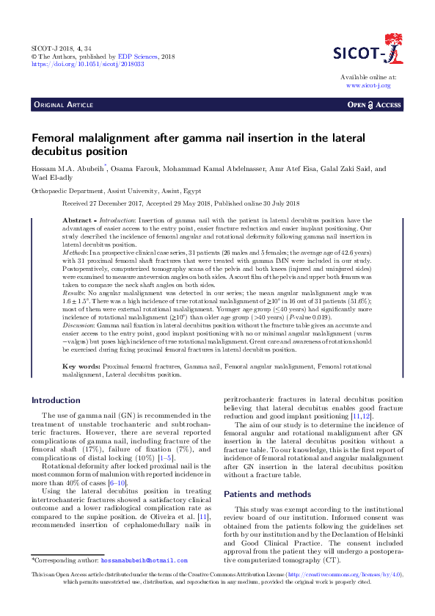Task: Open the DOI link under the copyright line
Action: point(87,64)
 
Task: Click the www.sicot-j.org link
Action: point(368,85)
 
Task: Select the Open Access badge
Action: point(375,106)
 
